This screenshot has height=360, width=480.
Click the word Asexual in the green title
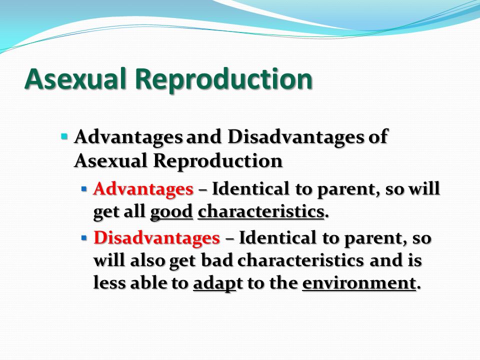pos(75,78)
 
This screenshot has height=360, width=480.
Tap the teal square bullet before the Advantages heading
pos(64,135)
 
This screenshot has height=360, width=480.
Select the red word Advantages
pos(143,189)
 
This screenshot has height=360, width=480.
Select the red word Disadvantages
pos(156,237)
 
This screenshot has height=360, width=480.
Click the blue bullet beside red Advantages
pos(84,189)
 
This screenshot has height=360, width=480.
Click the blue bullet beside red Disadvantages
pos(84,237)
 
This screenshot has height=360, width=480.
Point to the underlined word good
pos(171,211)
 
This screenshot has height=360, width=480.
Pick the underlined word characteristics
pos(261,211)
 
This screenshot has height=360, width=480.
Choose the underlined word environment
pos(359,282)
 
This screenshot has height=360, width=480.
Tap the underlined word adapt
pos(214,283)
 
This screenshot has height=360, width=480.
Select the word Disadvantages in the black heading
pos(296,136)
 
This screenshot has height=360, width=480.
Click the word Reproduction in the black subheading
pos(217,161)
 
